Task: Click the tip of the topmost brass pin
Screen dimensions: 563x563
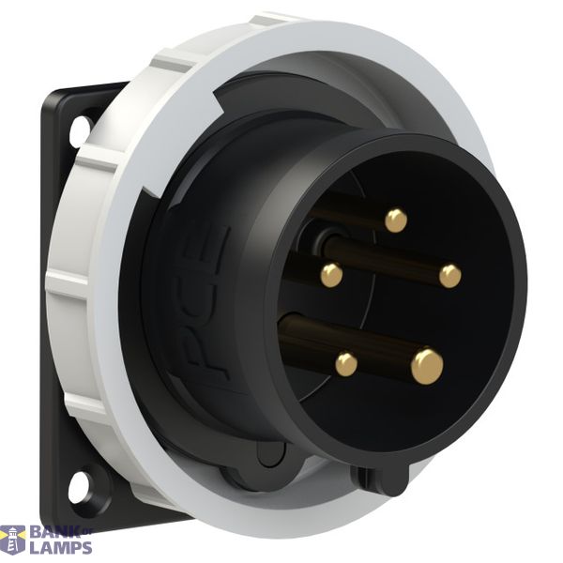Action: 396,221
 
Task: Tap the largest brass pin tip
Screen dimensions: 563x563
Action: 427,367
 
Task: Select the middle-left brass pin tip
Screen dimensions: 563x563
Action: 331,275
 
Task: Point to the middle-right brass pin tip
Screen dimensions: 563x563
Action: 449,277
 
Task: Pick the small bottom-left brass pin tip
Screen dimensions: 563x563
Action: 346,364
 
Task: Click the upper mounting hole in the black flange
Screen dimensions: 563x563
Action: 80,130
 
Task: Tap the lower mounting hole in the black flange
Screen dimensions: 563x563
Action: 78,485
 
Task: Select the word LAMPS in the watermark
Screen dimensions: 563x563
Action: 61,548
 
